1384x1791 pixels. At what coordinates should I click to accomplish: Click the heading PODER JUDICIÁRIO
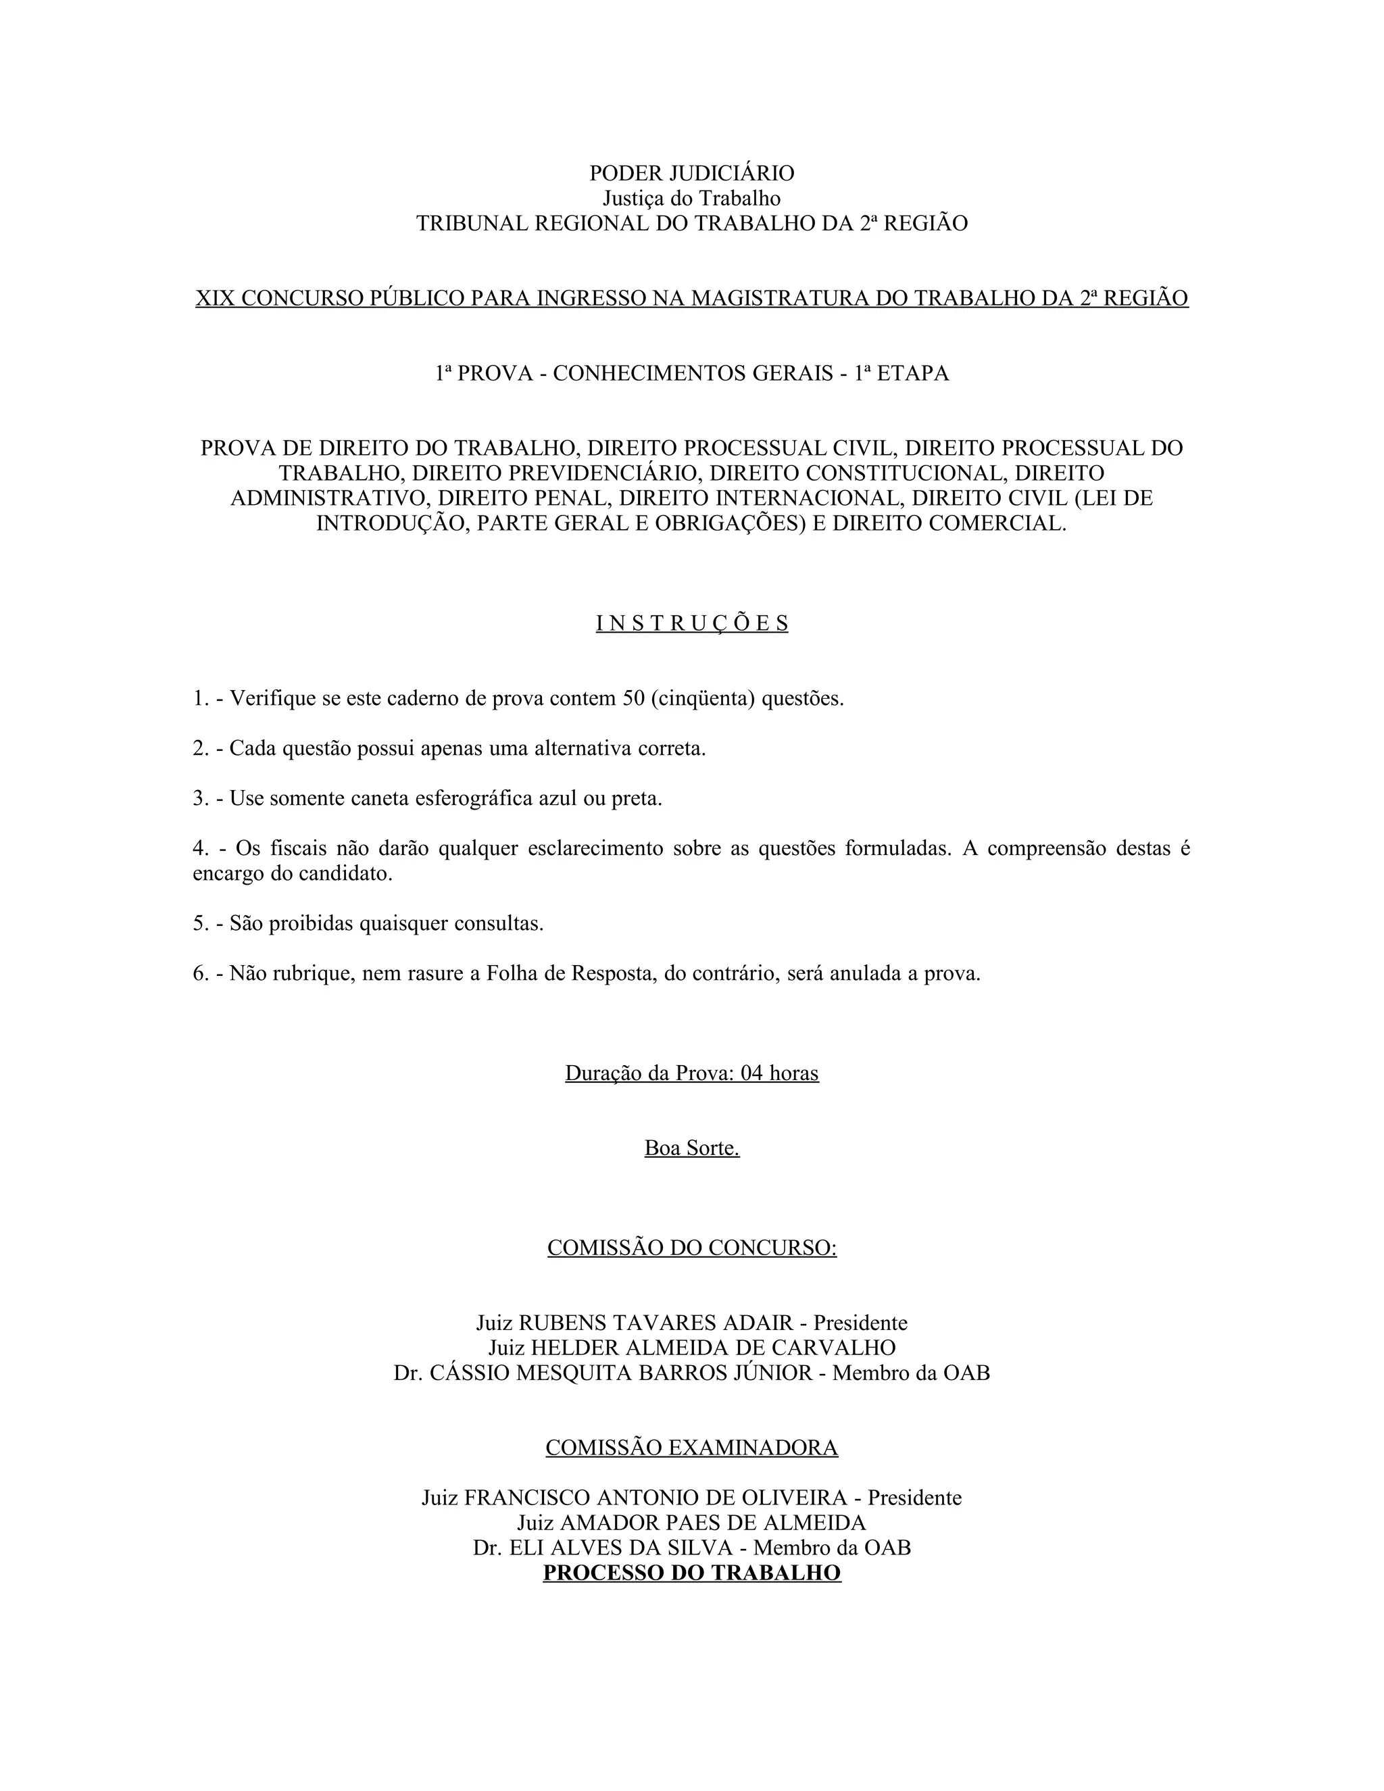pyautogui.click(x=691, y=174)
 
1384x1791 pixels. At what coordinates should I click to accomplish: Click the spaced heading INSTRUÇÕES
pyautogui.click(x=691, y=624)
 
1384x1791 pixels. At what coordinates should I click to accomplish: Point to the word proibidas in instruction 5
pyautogui.click(x=307, y=924)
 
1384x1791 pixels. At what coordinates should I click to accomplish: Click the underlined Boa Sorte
pyautogui.click(x=691, y=1149)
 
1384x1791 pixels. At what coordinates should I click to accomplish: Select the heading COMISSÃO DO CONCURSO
pyautogui.click(x=691, y=1248)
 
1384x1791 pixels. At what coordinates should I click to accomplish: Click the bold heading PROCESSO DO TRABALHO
pyautogui.click(x=691, y=1573)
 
